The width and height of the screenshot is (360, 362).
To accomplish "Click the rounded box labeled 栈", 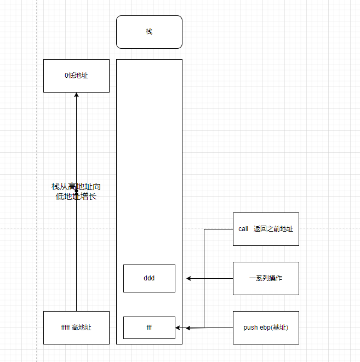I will [149, 32].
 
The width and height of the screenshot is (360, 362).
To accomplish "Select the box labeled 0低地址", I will [76, 76].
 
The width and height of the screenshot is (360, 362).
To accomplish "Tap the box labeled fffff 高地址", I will [76, 327].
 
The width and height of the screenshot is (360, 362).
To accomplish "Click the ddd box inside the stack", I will [149, 278].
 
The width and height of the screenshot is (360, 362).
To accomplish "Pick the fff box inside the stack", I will [149, 327].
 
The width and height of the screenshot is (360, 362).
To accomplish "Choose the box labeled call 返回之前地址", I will [266, 229].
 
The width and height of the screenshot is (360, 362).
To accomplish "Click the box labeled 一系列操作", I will [266, 278].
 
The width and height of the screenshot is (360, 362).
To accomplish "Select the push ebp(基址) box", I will [266, 327].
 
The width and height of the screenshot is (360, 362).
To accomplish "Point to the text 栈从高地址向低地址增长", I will [76, 192].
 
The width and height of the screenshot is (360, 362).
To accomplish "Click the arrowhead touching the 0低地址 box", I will [76, 95].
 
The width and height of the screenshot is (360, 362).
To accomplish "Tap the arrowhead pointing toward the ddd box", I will [189, 278].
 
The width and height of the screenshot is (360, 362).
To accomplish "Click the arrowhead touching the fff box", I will [178, 327].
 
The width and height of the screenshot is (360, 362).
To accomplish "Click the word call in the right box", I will [244, 229].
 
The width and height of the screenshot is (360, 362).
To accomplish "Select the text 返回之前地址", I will [273, 229].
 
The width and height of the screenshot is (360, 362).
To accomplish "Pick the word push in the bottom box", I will [250, 327].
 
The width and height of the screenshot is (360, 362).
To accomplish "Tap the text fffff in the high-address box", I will [65, 327].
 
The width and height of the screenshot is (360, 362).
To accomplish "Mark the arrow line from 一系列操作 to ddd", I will [211, 278].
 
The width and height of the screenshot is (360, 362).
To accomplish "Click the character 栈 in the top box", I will [149, 32].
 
